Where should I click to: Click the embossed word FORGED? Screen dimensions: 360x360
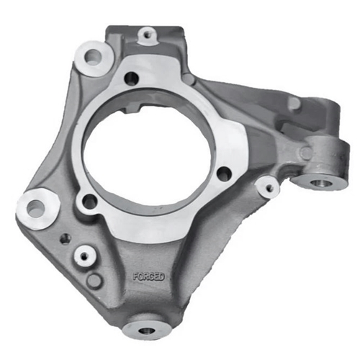tap(149, 276)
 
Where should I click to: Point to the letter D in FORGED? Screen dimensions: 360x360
tap(162, 276)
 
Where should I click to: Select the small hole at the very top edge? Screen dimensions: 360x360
tap(148, 33)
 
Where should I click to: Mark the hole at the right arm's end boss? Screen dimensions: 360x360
tap(322, 183)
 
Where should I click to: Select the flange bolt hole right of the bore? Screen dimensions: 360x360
tap(224, 173)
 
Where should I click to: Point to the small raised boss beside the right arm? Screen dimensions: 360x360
tap(269, 188)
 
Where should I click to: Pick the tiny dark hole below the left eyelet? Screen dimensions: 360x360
tap(66, 238)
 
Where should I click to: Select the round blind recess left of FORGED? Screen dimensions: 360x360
tap(94, 280)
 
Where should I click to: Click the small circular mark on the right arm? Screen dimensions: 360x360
tap(305, 153)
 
